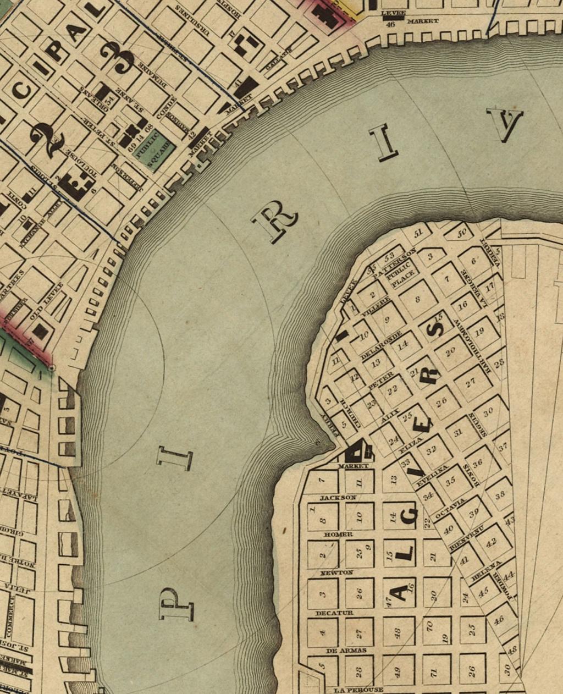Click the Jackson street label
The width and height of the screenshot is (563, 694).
point(338,498)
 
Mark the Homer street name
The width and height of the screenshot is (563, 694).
point(338,534)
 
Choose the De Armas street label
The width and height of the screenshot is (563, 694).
point(338,650)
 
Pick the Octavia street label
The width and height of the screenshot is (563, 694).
point(450,509)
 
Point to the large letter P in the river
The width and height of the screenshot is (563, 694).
point(176,604)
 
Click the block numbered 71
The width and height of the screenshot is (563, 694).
point(433,672)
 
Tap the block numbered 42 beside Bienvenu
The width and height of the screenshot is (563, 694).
point(490,542)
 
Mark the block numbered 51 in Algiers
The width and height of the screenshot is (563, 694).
point(418,233)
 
